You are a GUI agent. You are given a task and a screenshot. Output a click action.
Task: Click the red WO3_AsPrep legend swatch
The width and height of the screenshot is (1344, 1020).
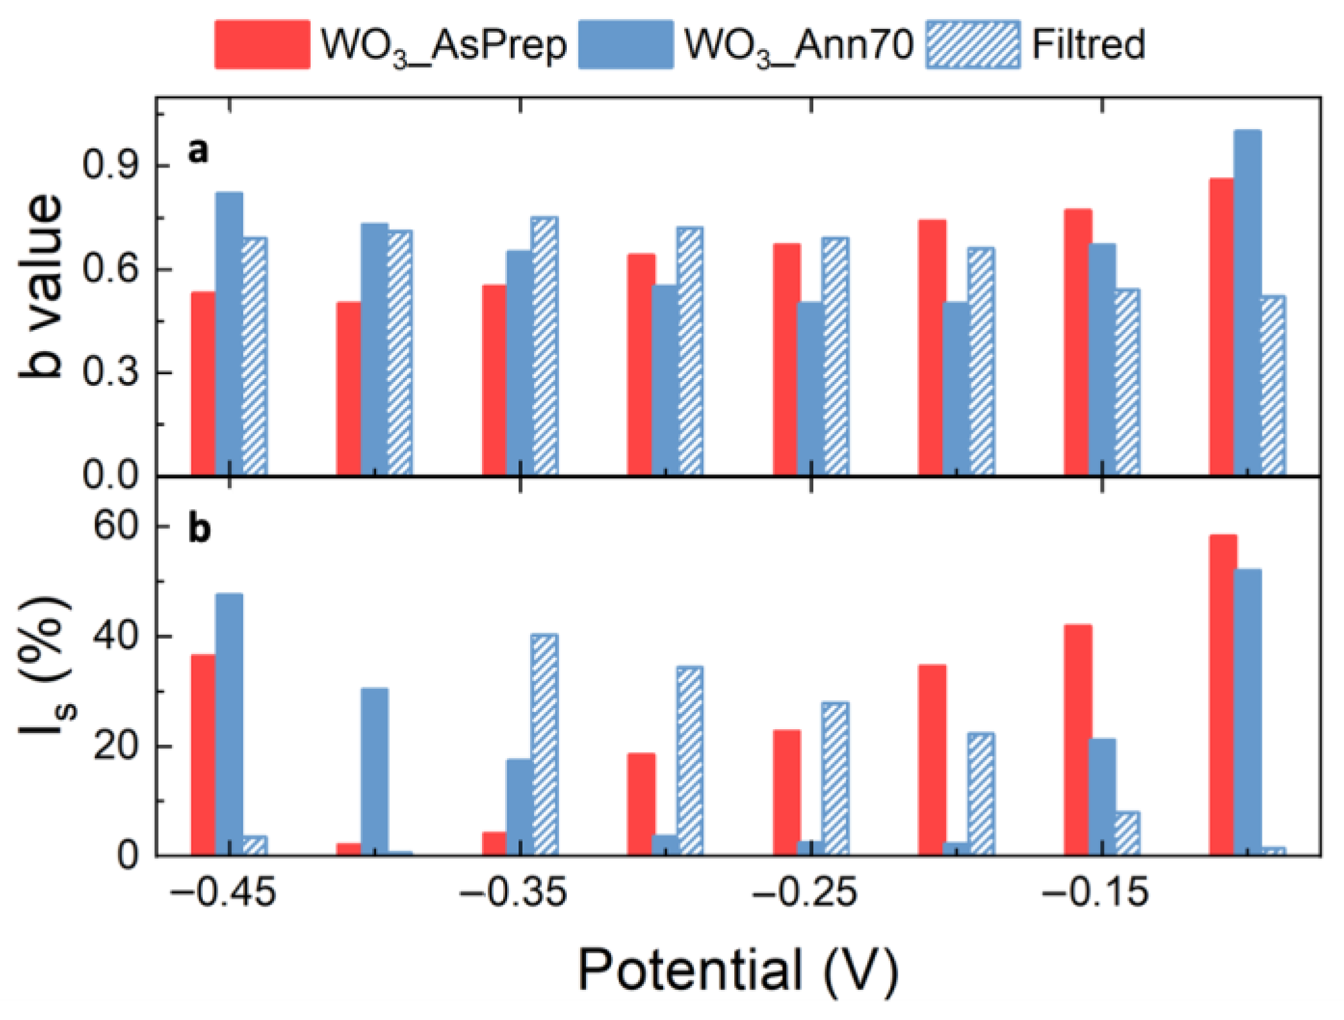pos(262,44)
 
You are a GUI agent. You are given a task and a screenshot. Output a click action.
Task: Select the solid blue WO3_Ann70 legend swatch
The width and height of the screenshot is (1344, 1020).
pos(625,44)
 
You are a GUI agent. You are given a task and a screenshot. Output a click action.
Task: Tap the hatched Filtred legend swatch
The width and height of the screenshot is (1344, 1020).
pos(972,44)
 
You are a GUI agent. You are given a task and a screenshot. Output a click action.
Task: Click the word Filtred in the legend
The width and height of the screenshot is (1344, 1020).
pos(1088,44)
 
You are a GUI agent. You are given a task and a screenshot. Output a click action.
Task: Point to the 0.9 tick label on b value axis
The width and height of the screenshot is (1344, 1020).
pos(110,166)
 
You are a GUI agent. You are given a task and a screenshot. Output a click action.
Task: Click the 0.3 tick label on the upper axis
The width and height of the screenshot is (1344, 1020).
pos(110,372)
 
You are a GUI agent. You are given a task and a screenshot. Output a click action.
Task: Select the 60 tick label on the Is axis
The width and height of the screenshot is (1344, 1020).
pos(116,526)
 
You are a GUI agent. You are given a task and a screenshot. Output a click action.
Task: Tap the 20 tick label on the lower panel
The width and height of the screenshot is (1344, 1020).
pos(116,747)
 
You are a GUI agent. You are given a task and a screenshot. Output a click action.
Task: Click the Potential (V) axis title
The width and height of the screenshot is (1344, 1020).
pos(738,970)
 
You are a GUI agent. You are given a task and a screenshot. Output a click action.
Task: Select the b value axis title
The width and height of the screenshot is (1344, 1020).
pos(42,286)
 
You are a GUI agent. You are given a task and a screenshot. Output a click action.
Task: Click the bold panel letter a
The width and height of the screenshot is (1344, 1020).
pos(198,151)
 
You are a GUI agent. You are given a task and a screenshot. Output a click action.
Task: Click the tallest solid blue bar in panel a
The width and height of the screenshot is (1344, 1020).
pos(1247,302)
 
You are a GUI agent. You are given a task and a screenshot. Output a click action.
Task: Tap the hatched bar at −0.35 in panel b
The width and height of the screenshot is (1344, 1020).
pos(544,745)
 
